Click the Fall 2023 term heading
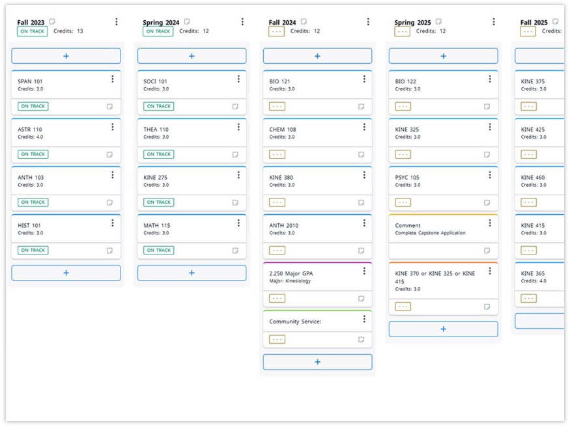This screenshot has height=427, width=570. click(x=31, y=23)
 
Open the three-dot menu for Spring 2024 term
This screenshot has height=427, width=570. click(x=242, y=22)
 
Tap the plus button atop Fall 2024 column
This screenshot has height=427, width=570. click(x=317, y=56)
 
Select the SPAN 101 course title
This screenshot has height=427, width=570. click(x=30, y=81)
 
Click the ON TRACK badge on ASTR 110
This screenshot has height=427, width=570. click(x=33, y=154)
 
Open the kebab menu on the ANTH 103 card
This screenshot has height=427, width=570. click(x=113, y=175)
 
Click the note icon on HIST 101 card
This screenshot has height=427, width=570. click(x=109, y=251)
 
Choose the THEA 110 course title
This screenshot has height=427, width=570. click(x=156, y=130)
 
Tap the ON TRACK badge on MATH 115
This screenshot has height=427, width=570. click(x=158, y=250)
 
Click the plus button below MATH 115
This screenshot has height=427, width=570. click(x=192, y=273)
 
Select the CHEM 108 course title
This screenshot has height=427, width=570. click(x=283, y=130)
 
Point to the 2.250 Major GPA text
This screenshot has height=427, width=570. click(x=291, y=273)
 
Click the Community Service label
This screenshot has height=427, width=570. click(x=295, y=322)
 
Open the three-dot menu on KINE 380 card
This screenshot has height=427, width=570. click(x=364, y=175)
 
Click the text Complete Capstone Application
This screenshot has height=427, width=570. click(x=430, y=233)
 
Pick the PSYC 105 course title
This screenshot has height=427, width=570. click(x=407, y=178)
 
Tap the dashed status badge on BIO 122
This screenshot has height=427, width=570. click(x=403, y=106)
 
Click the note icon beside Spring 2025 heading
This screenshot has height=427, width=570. click(x=438, y=21)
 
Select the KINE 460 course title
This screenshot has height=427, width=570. click(x=533, y=178)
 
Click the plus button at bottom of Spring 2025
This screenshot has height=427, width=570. click(x=443, y=329)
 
